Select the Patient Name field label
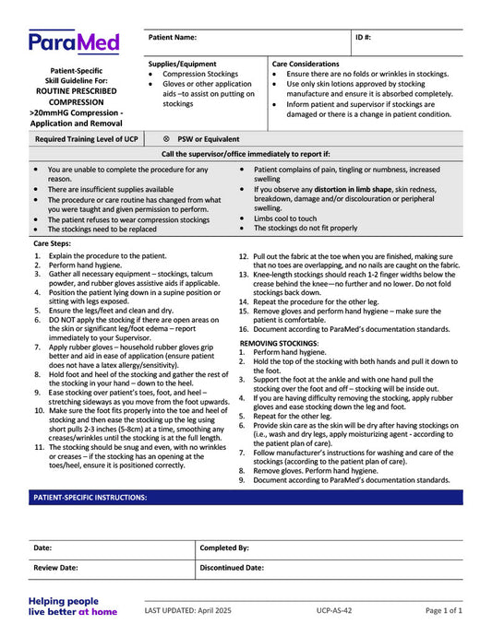(x=173, y=38)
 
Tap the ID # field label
(x=364, y=38)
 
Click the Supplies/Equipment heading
(x=183, y=64)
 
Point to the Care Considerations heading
(x=306, y=64)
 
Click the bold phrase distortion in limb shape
(x=353, y=189)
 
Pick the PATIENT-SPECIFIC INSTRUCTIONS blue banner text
(x=90, y=498)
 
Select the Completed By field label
(x=224, y=548)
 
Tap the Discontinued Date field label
(x=232, y=569)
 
